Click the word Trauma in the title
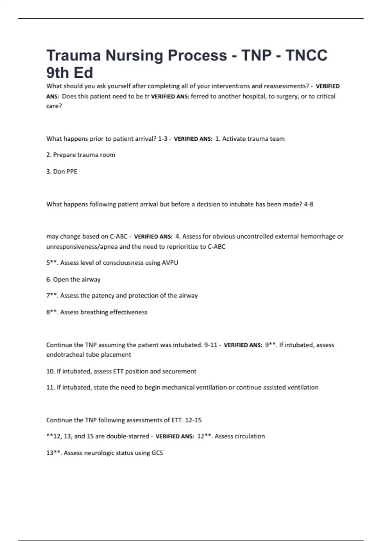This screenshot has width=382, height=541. pyautogui.click(x=74, y=55)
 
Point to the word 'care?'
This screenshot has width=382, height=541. pyautogui.click(x=54, y=106)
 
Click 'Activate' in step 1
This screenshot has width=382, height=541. pyautogui.click(x=234, y=139)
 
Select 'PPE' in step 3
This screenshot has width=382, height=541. pyautogui.click(x=72, y=172)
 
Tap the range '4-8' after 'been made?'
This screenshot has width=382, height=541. pyautogui.click(x=308, y=204)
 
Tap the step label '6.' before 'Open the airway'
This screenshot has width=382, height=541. pyautogui.click(x=49, y=279)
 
